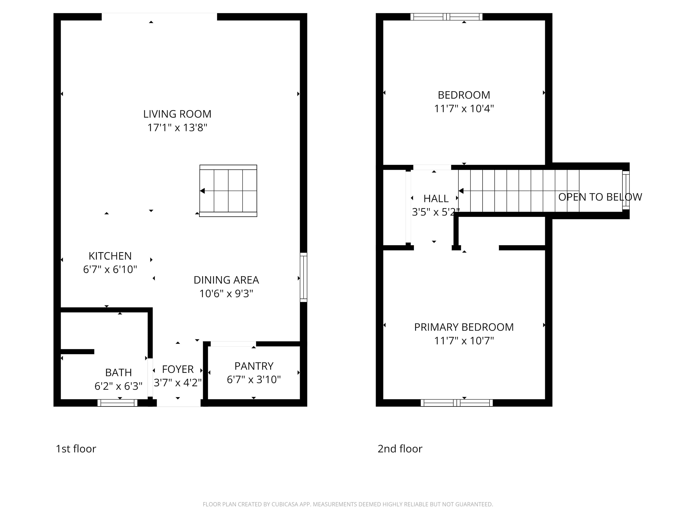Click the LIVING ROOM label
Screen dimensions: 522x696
177,114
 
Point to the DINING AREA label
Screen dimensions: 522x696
226,280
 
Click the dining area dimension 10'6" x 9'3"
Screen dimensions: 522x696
226,293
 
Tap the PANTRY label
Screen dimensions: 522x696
254,366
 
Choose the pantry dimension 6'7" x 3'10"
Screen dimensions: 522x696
254,380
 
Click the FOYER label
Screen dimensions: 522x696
177,369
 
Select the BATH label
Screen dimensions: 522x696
118,373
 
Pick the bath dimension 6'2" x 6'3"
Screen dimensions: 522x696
118,386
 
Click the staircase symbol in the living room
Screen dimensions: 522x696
228,191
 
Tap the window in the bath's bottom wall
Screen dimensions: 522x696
117,403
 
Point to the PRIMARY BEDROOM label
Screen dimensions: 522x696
464,327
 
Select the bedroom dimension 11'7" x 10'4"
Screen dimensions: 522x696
464,109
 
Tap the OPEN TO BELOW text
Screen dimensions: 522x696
600,197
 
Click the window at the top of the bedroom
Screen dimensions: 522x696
446,17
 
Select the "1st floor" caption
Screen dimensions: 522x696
76,449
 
